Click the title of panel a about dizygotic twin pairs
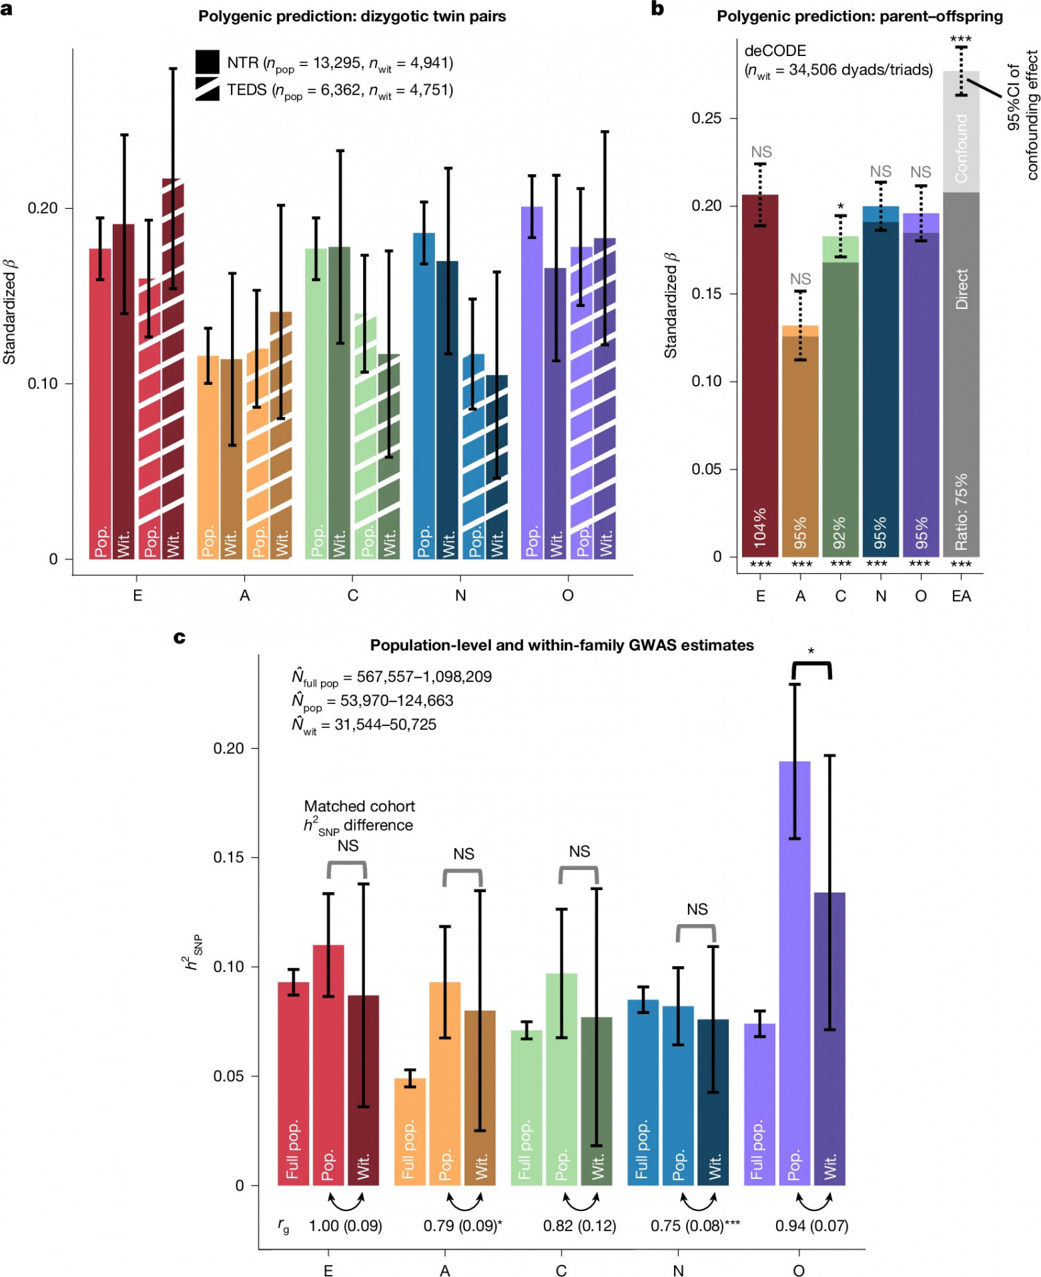352,16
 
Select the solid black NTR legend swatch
208,62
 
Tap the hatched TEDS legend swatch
208,89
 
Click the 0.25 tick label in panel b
707,118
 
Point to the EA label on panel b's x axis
961,596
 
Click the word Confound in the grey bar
961,148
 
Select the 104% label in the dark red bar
760,528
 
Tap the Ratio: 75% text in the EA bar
961,512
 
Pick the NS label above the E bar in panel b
761,152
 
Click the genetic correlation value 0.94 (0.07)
811,1226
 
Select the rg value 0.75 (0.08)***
695,1226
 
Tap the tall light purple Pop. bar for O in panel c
795,973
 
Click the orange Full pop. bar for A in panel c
410,1132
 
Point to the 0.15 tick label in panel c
228,857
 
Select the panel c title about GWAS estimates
562,645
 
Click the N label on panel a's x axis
460,596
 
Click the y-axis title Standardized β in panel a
10,312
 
